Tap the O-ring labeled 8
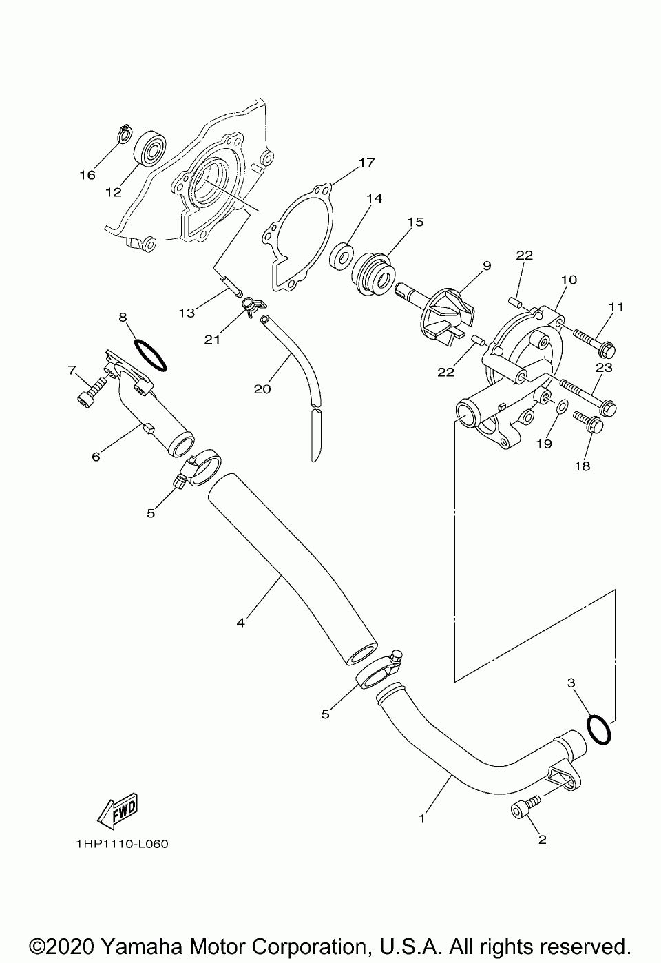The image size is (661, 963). point(149,354)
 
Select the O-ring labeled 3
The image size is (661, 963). point(598,729)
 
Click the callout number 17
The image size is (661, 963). point(366,163)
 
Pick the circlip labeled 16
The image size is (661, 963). point(124,132)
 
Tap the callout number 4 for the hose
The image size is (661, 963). point(240,623)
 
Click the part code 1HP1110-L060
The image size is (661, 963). point(118,844)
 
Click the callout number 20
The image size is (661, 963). point(262,389)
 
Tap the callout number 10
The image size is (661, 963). point(569,280)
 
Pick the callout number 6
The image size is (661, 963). point(96,456)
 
